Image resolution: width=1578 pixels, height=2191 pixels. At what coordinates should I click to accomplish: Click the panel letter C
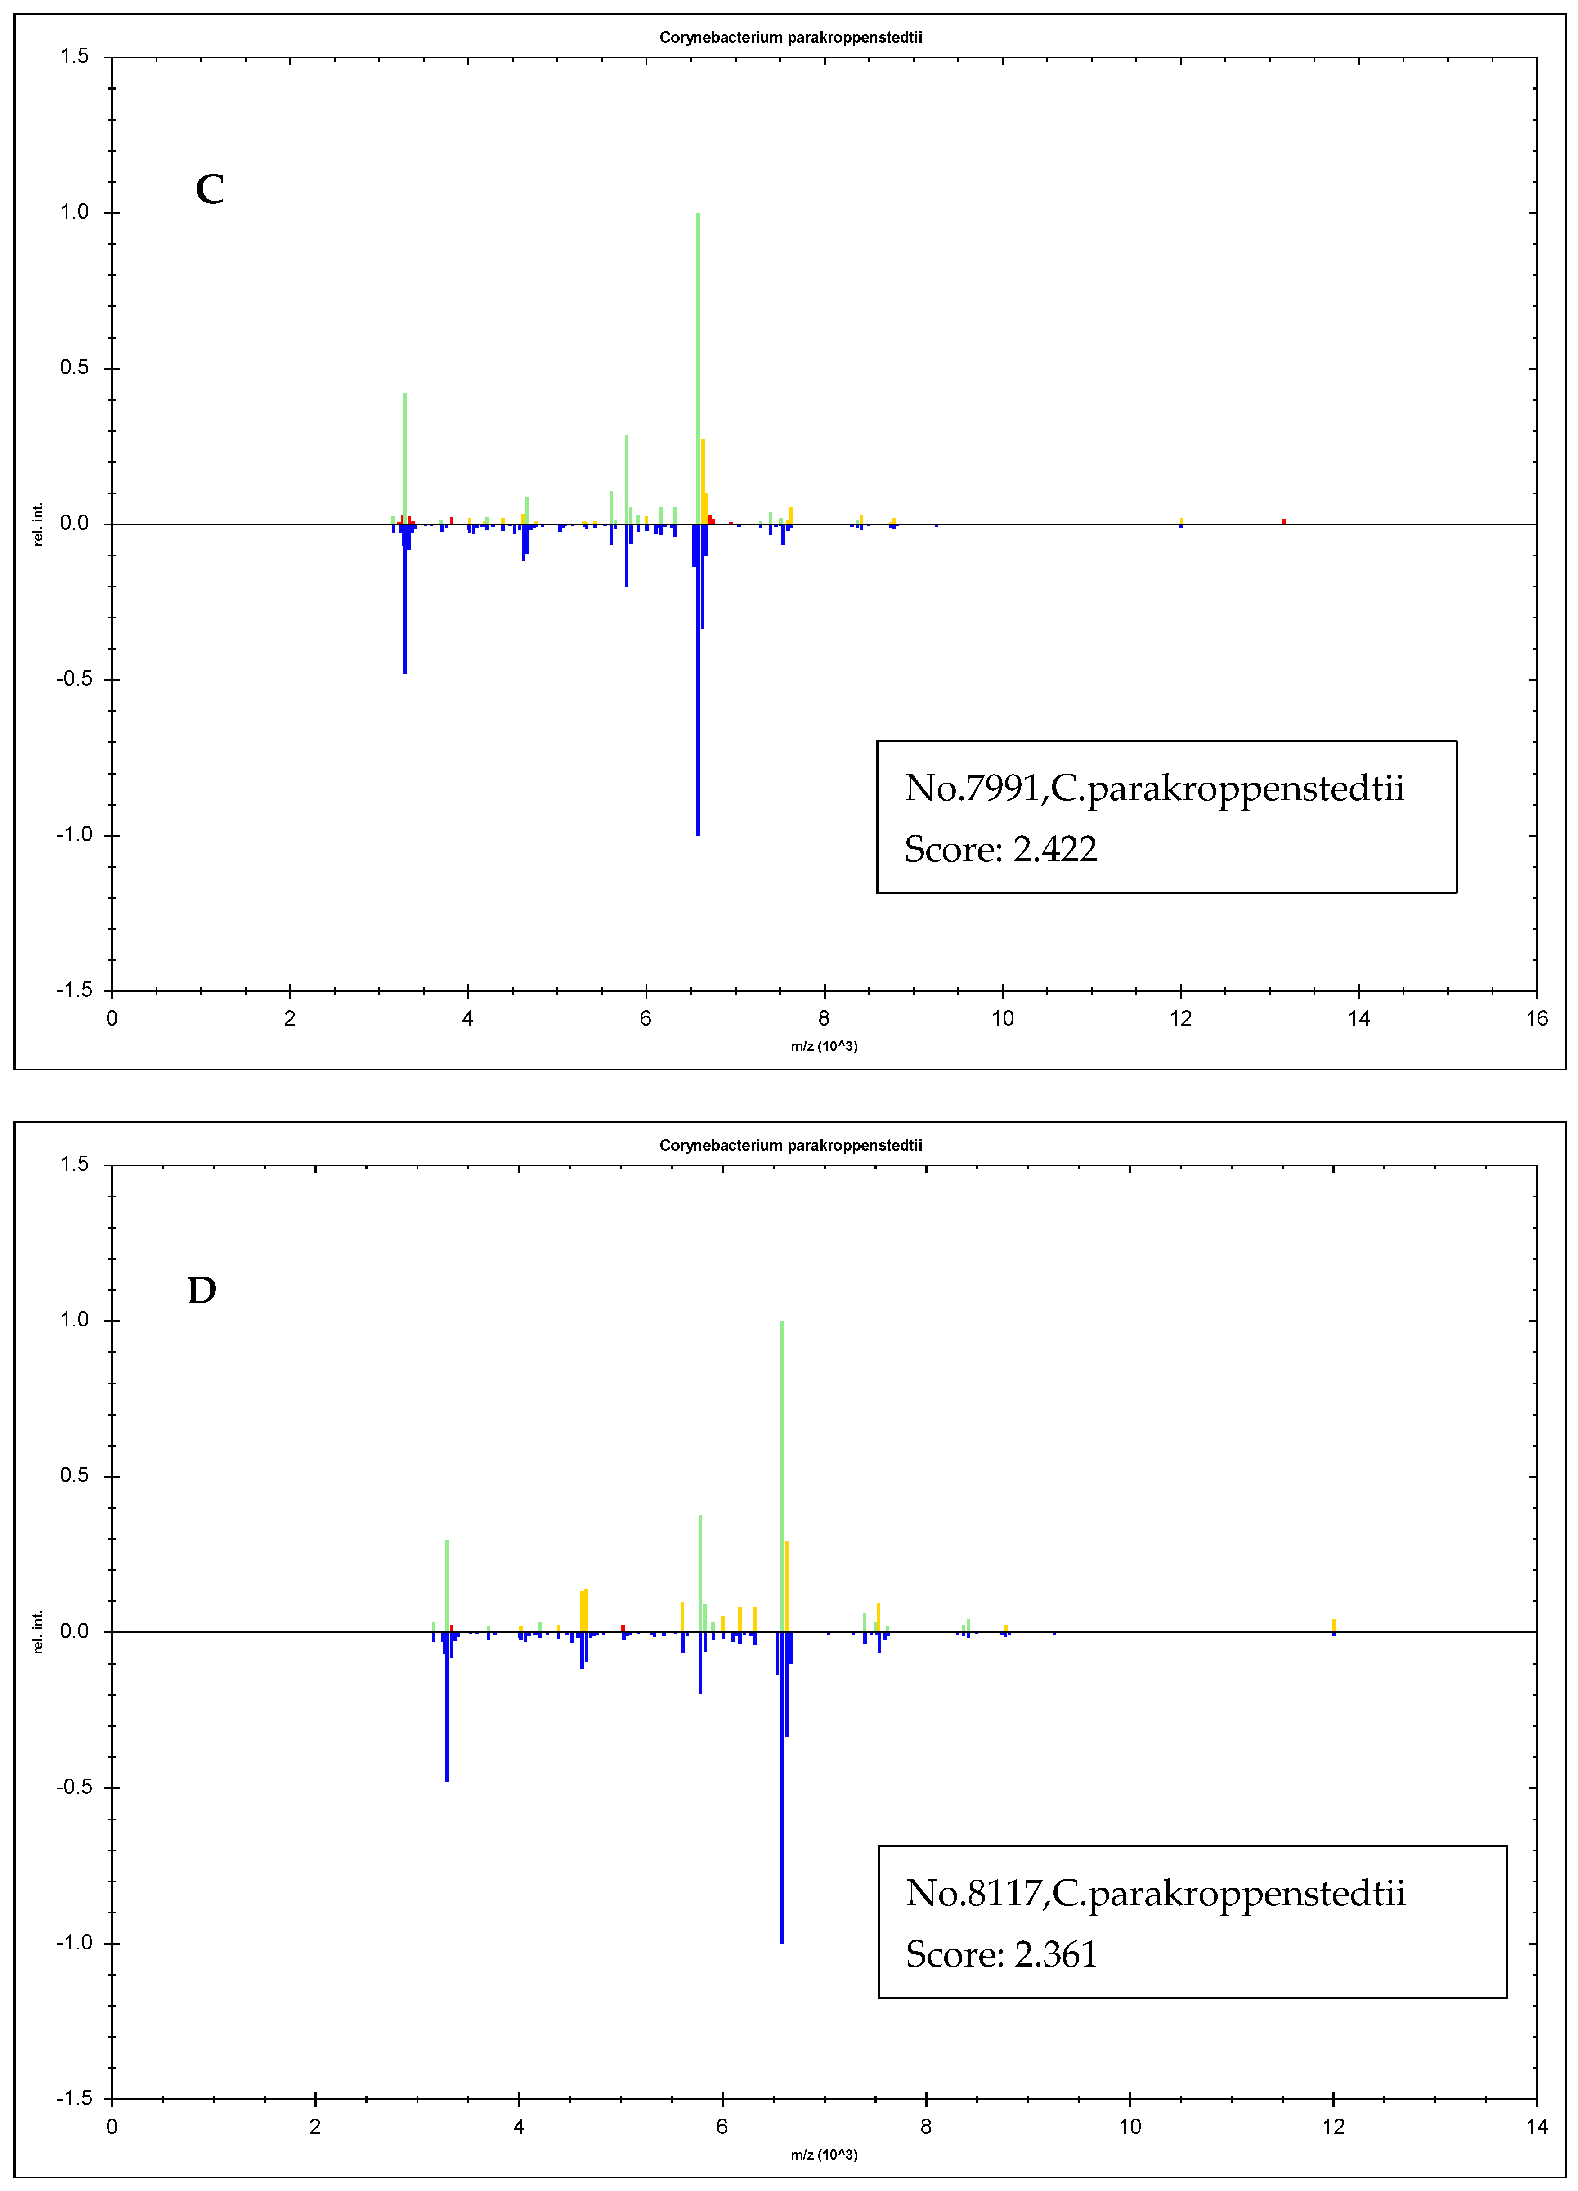coord(210,189)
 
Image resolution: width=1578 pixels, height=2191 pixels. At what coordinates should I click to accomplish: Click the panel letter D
coord(202,1290)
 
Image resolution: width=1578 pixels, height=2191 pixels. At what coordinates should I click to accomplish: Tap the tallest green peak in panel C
coord(698,367)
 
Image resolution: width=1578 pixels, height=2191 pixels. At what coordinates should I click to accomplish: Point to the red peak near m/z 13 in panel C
coord(1284,521)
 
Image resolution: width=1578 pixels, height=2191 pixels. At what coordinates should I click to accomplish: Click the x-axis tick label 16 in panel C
coord(1537,1018)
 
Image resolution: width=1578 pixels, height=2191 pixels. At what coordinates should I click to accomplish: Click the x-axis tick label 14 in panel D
coord(1537,2126)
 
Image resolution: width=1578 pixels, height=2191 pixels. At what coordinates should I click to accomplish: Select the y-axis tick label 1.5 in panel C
coord(74,56)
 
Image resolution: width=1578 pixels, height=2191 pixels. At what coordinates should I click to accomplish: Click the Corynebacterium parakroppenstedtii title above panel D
coord(790,1145)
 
